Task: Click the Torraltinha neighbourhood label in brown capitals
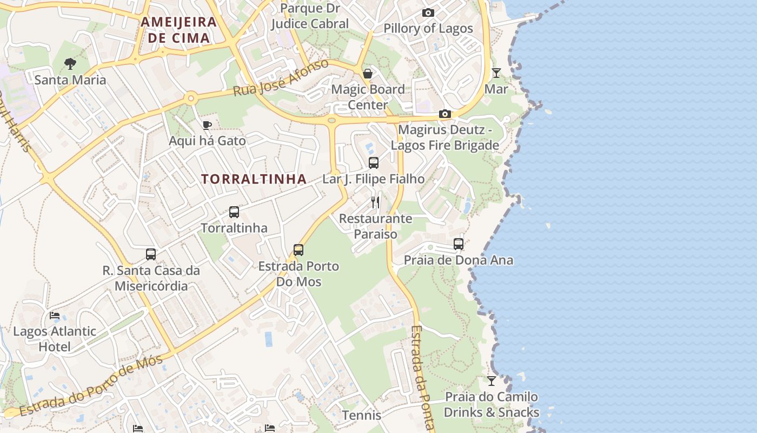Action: (x=254, y=179)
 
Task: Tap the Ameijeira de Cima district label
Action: (x=178, y=30)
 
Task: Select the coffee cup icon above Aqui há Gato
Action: (x=207, y=126)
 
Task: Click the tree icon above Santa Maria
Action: (x=70, y=64)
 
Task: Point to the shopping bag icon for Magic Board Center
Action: (x=368, y=74)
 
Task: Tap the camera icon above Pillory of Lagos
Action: (x=428, y=13)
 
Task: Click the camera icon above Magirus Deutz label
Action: (x=445, y=114)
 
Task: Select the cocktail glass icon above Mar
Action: (x=496, y=73)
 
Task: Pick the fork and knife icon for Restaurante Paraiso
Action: (x=375, y=202)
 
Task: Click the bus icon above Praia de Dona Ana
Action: (x=459, y=244)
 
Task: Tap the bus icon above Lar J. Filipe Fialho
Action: (x=374, y=163)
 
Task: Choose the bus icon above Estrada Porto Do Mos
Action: (x=298, y=250)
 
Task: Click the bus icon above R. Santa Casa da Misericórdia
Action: (x=151, y=254)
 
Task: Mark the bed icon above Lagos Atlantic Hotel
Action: (x=54, y=316)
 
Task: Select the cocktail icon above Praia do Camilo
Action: (x=491, y=381)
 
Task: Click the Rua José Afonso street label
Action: (x=281, y=78)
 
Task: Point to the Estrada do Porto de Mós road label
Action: (x=91, y=386)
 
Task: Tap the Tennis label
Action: (x=362, y=416)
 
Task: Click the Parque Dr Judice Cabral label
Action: (x=310, y=16)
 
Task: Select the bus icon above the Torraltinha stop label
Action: (x=234, y=212)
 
